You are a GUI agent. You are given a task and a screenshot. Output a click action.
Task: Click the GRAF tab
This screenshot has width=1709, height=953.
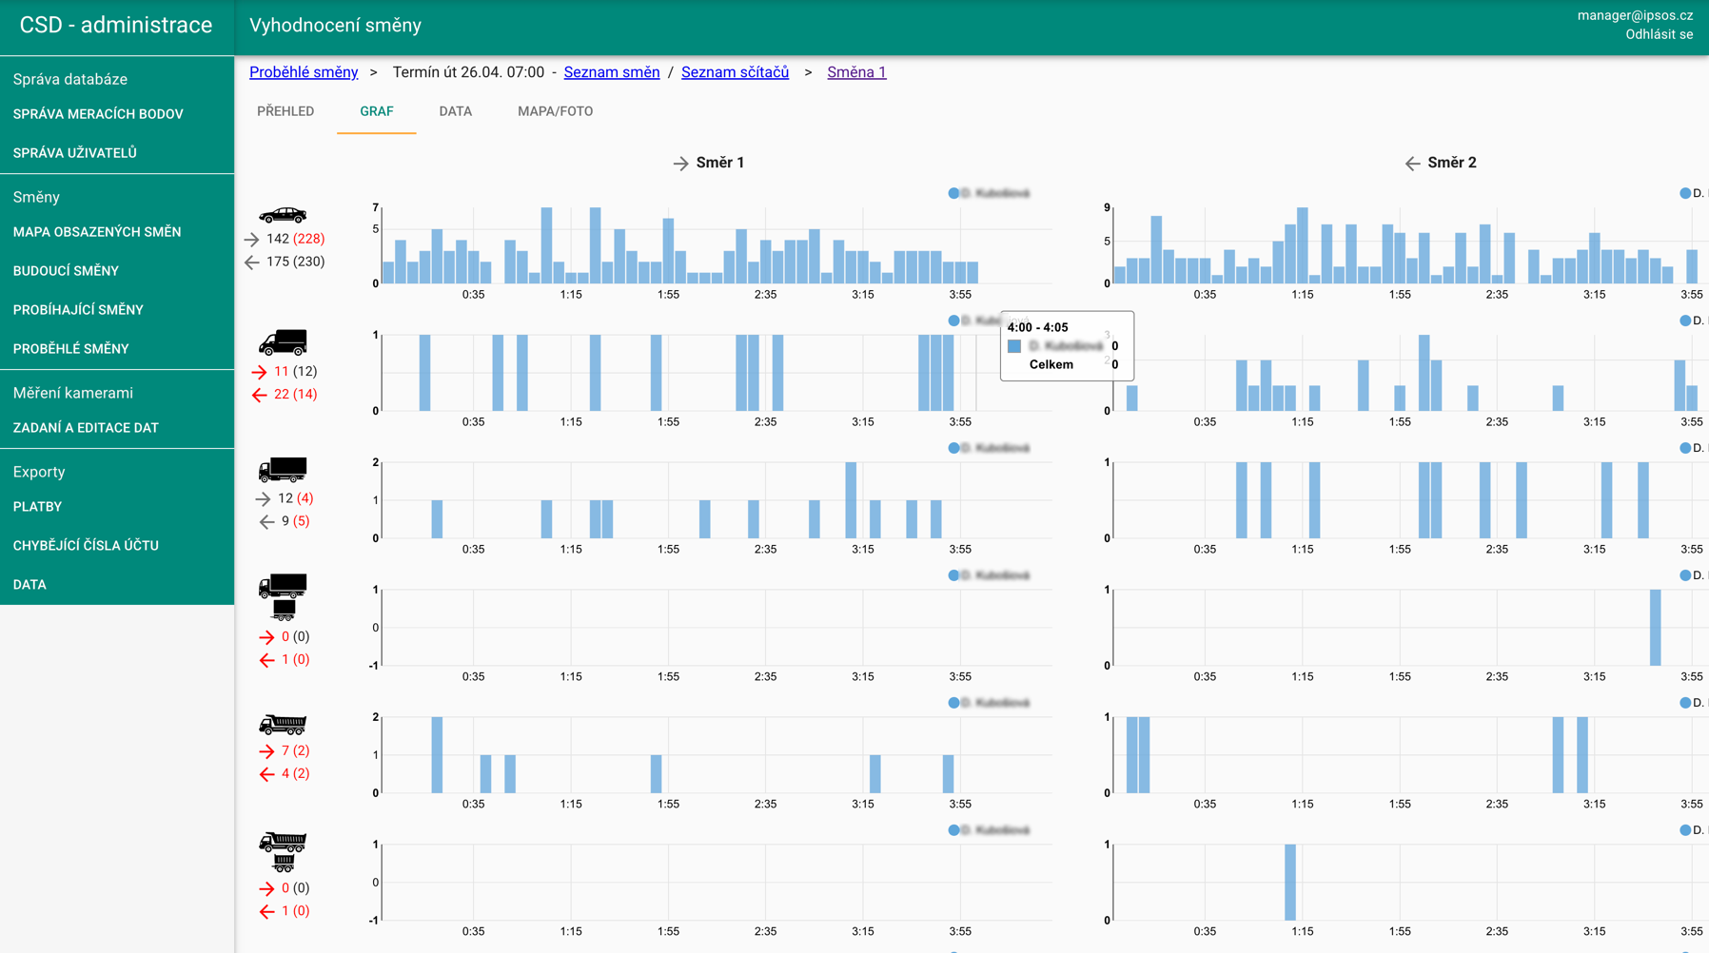(x=376, y=111)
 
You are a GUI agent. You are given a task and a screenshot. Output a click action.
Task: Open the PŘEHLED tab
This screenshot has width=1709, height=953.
(x=285, y=111)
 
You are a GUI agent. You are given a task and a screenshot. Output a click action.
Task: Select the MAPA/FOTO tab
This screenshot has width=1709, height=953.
(x=555, y=111)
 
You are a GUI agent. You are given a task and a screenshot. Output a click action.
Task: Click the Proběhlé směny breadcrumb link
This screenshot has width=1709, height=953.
(x=304, y=72)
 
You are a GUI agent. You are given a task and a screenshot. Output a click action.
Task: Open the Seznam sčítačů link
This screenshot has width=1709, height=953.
(x=735, y=72)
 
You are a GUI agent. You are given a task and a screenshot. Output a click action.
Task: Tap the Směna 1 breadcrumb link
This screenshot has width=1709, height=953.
(x=856, y=72)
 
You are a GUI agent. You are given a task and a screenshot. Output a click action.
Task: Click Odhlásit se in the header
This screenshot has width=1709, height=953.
(x=1659, y=34)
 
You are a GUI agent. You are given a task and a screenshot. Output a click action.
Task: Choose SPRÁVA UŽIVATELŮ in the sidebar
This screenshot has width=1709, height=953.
(x=75, y=152)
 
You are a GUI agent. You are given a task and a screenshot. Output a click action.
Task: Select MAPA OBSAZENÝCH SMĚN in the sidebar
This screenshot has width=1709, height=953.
(x=97, y=232)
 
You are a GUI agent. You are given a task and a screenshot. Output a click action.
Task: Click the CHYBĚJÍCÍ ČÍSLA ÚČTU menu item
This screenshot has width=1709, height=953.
(x=86, y=546)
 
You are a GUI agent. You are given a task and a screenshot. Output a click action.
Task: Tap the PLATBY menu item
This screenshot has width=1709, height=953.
(x=37, y=507)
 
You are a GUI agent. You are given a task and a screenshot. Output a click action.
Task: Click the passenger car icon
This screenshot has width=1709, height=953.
(x=283, y=214)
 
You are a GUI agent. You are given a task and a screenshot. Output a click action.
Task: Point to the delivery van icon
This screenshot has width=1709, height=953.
(x=283, y=342)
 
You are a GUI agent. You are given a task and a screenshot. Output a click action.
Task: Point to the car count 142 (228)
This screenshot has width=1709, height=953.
(x=295, y=239)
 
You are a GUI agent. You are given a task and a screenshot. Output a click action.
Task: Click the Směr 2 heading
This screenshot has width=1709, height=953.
(x=1451, y=163)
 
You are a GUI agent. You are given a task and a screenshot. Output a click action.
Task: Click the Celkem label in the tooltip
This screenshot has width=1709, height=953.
(x=1051, y=364)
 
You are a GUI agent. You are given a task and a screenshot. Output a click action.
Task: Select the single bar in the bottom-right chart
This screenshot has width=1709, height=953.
(x=1290, y=882)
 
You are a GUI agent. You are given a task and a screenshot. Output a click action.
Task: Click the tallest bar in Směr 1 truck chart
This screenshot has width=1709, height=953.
(x=851, y=500)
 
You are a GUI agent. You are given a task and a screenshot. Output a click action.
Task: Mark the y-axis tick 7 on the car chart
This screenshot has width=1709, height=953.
(x=376, y=207)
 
